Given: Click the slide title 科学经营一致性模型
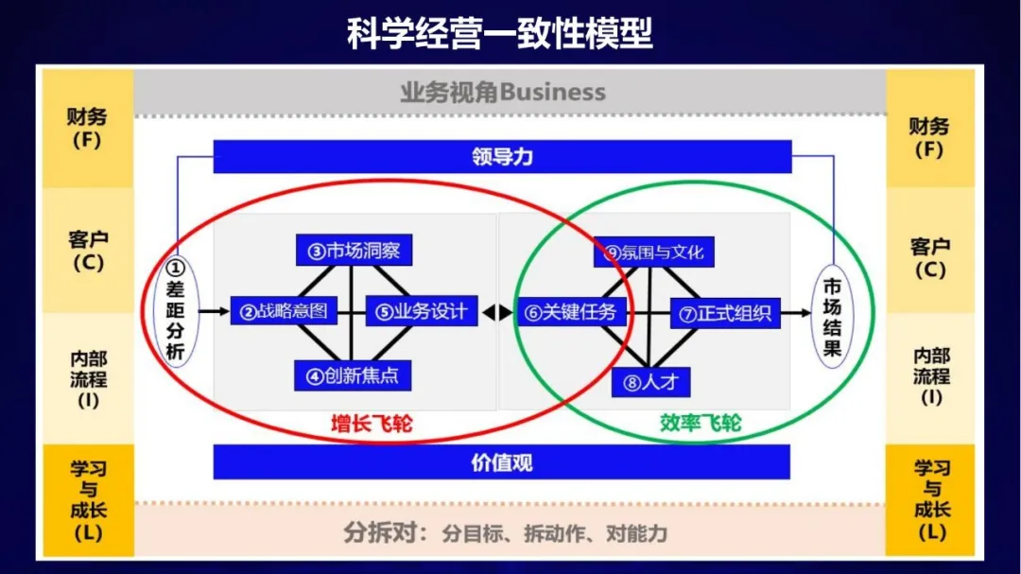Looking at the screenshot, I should click(x=500, y=36).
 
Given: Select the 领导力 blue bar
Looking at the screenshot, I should click(x=502, y=157).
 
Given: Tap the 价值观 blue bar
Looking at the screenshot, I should click(x=502, y=462).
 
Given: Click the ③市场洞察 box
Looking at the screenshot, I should click(x=354, y=251).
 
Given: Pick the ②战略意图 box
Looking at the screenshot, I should click(x=284, y=311).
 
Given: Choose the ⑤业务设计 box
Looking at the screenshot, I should click(x=422, y=311).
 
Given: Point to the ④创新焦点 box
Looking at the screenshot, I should click(x=353, y=374).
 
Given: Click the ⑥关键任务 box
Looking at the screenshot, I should click(x=570, y=311).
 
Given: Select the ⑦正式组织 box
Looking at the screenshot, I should click(x=726, y=313).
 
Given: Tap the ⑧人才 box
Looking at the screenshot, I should click(x=651, y=382).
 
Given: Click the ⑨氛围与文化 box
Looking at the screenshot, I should click(x=654, y=252).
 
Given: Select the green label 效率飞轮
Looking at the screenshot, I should click(x=701, y=424).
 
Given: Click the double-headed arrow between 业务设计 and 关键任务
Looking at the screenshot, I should click(x=497, y=311).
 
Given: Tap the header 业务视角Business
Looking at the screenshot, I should click(x=502, y=93).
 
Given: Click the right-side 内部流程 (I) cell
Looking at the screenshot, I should click(x=931, y=376).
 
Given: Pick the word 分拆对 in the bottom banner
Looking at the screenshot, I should click(x=382, y=532).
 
